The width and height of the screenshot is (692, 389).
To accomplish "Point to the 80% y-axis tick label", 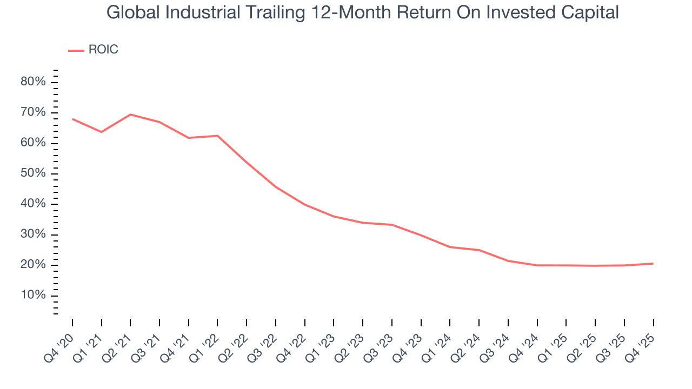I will tap(34, 82).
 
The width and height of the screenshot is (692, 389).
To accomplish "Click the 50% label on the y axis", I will tap(34, 173).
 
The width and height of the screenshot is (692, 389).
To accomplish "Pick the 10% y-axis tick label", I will tap(34, 296).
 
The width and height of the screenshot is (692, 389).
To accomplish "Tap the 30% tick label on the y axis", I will tap(34, 234).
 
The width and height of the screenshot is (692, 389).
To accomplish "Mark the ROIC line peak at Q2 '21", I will tap(130, 115).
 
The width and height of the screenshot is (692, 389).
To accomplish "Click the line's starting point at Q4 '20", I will tap(72, 119).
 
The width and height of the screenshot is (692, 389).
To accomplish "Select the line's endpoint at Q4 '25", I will tap(653, 264).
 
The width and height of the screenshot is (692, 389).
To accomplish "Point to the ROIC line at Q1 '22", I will tap(217, 136).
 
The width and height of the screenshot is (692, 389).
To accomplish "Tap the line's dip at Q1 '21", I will tap(101, 132).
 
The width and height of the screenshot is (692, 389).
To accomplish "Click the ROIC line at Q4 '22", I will tap(304, 204).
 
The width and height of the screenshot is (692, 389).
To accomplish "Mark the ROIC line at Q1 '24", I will tap(450, 247).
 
